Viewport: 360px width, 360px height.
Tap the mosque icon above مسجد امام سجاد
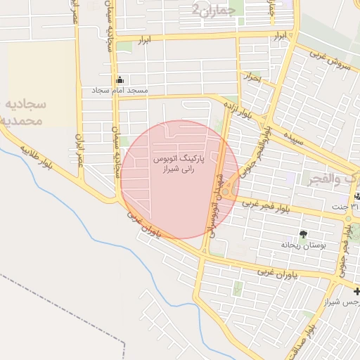pos(120,79)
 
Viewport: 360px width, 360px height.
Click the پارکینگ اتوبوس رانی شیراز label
pos(178,164)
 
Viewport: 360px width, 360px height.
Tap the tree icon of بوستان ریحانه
pos(303,234)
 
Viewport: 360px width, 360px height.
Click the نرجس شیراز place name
pos(342,302)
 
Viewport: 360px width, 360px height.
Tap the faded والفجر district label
pos(330,179)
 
